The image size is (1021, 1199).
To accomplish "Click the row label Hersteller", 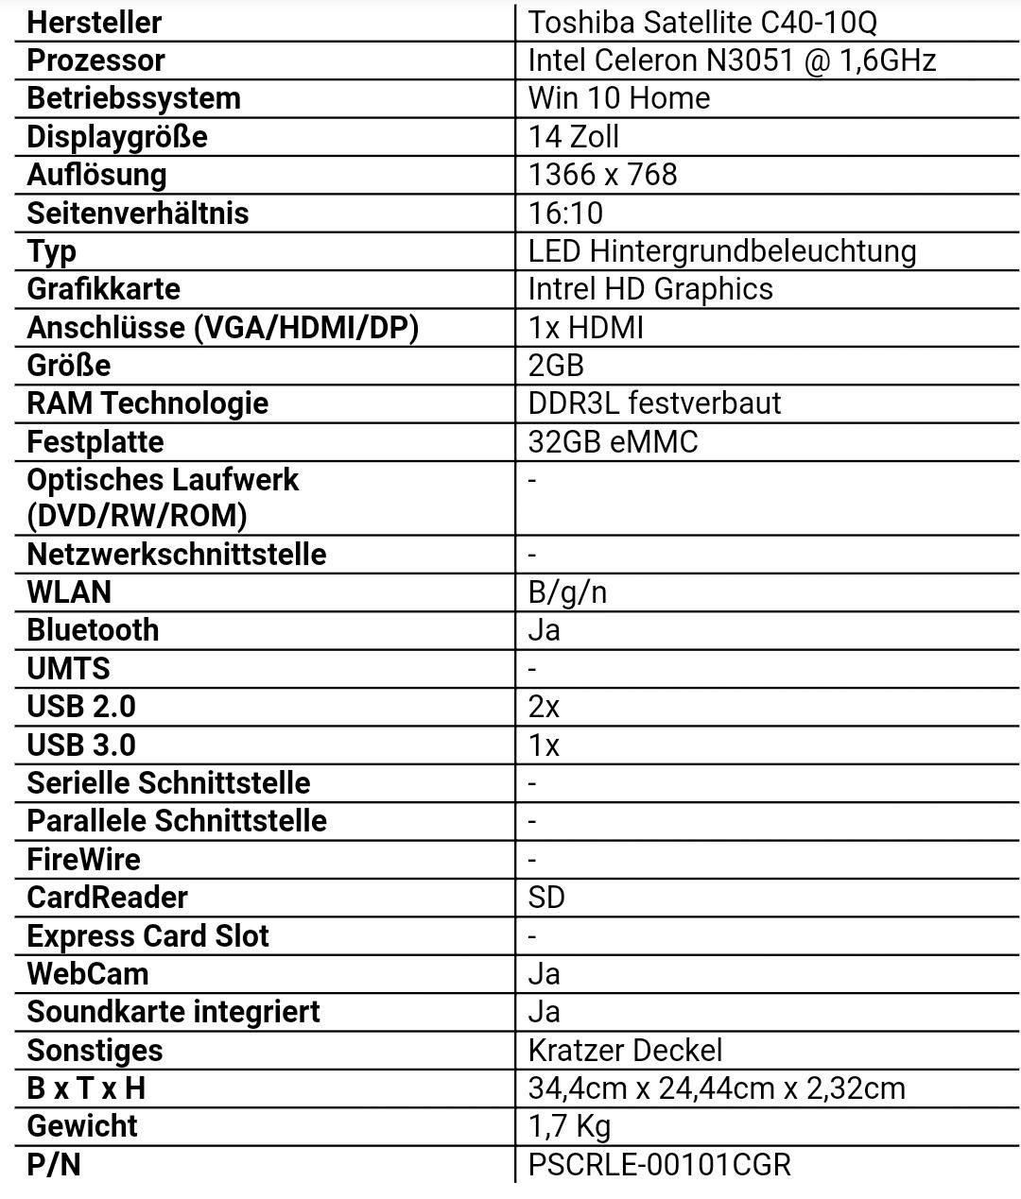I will click(94, 22).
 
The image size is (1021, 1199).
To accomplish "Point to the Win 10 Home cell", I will click(618, 98).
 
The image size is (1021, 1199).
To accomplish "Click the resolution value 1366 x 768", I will click(602, 175).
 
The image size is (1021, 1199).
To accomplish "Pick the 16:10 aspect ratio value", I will click(565, 213).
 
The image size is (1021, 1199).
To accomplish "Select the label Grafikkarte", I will click(103, 289).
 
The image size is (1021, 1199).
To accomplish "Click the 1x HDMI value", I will click(585, 328).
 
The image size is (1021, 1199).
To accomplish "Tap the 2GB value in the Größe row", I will click(556, 366).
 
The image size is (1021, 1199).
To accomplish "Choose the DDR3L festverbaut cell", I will click(654, 403).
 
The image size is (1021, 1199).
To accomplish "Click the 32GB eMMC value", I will click(613, 442).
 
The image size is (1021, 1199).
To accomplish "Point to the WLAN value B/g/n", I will click(567, 592).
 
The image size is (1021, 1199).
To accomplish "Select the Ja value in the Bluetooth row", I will click(544, 630).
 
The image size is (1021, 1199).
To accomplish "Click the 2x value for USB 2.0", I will click(544, 707).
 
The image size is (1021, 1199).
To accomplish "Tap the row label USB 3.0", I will click(81, 745).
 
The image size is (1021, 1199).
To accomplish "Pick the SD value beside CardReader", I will click(546, 898).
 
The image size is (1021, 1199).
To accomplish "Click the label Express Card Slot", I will click(147, 936).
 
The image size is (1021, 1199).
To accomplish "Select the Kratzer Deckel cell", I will click(625, 1051).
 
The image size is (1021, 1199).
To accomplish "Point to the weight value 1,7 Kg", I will click(569, 1126).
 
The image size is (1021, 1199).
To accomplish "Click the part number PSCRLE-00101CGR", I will click(659, 1165).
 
